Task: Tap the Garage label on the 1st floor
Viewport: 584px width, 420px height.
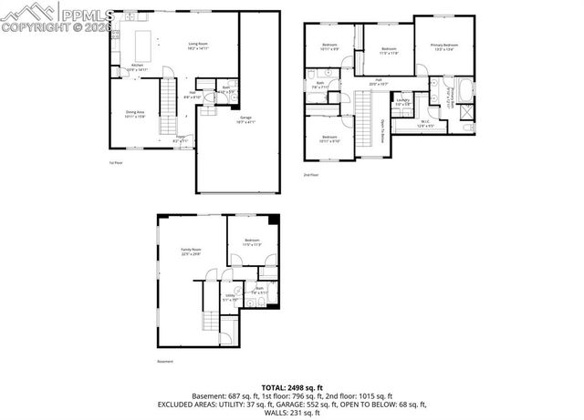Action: pyautogui.click(x=245, y=118)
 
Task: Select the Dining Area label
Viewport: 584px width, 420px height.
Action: pyautogui.click(x=135, y=114)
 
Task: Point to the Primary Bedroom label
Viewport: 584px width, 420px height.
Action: pyautogui.click(x=444, y=46)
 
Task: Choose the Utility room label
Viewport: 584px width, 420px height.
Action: pyautogui.click(x=229, y=296)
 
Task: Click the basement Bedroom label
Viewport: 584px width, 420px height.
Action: pyautogui.click(x=253, y=242)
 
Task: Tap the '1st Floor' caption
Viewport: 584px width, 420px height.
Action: pyautogui.click(x=116, y=162)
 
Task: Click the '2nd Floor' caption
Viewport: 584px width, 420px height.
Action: pyautogui.click(x=312, y=174)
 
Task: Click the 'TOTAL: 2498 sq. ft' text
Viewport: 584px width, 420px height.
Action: pyautogui.click(x=292, y=387)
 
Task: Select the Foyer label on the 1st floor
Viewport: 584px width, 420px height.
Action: pyautogui.click(x=181, y=140)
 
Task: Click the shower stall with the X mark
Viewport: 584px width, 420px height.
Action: pyautogui.click(x=468, y=115)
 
